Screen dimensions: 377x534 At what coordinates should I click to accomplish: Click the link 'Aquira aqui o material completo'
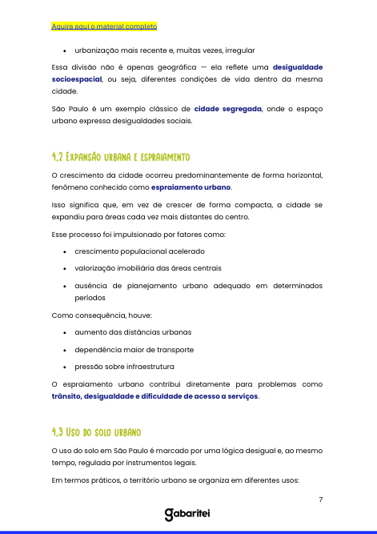tap(103, 26)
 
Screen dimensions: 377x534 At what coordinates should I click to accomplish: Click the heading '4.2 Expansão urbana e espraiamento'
tap(120, 155)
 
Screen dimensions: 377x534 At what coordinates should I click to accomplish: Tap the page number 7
tap(320, 500)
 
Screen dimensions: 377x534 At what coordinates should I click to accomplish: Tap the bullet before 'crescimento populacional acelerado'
tap(64, 251)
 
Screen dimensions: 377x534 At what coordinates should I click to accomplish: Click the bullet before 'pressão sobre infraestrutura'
tap(64, 367)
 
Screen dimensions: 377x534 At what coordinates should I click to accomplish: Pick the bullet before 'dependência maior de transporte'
tap(64, 350)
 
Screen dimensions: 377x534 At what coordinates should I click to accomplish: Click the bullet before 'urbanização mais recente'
tap(64, 50)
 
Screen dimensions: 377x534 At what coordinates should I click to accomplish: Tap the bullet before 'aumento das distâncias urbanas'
tap(64, 332)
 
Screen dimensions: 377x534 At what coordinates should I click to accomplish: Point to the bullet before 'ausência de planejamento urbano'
tap(64, 285)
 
